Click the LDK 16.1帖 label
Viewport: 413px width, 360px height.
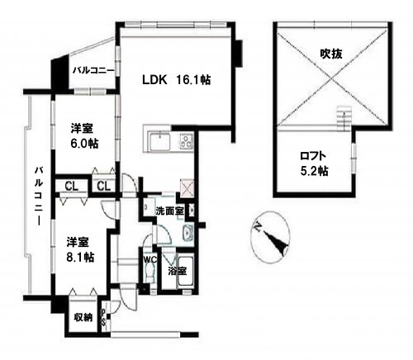[x=177, y=80]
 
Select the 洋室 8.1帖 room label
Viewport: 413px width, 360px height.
[x=81, y=249]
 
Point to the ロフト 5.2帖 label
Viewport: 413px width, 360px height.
[x=314, y=163]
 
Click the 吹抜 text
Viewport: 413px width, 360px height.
[x=331, y=54]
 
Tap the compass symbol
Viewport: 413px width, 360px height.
[x=270, y=238]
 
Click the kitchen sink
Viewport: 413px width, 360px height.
[x=159, y=141]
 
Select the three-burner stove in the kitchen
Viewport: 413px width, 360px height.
[x=187, y=141]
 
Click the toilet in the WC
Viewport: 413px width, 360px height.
[x=150, y=271]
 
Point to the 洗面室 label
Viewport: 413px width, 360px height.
[x=170, y=211]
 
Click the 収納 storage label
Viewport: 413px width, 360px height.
[x=83, y=318]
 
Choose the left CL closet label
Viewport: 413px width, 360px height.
[x=72, y=187]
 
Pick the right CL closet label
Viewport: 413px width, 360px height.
[x=104, y=187]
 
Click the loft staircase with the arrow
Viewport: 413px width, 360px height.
[x=344, y=118]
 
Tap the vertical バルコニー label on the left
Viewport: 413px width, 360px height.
[x=39, y=196]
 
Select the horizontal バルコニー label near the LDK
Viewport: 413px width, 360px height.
[x=93, y=70]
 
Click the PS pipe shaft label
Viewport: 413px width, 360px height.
[x=103, y=317]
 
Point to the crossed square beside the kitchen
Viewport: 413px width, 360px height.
[x=187, y=188]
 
